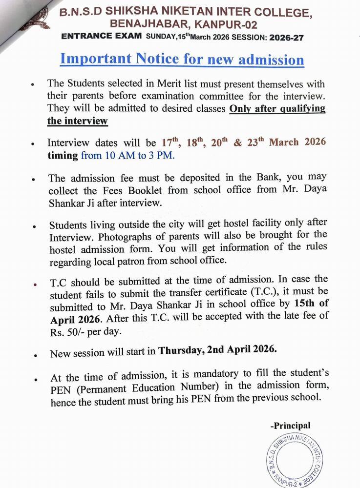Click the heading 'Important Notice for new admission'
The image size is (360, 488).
(x=182, y=60)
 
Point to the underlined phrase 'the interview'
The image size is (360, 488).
(x=77, y=121)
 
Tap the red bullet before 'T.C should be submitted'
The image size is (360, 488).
(x=32, y=284)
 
